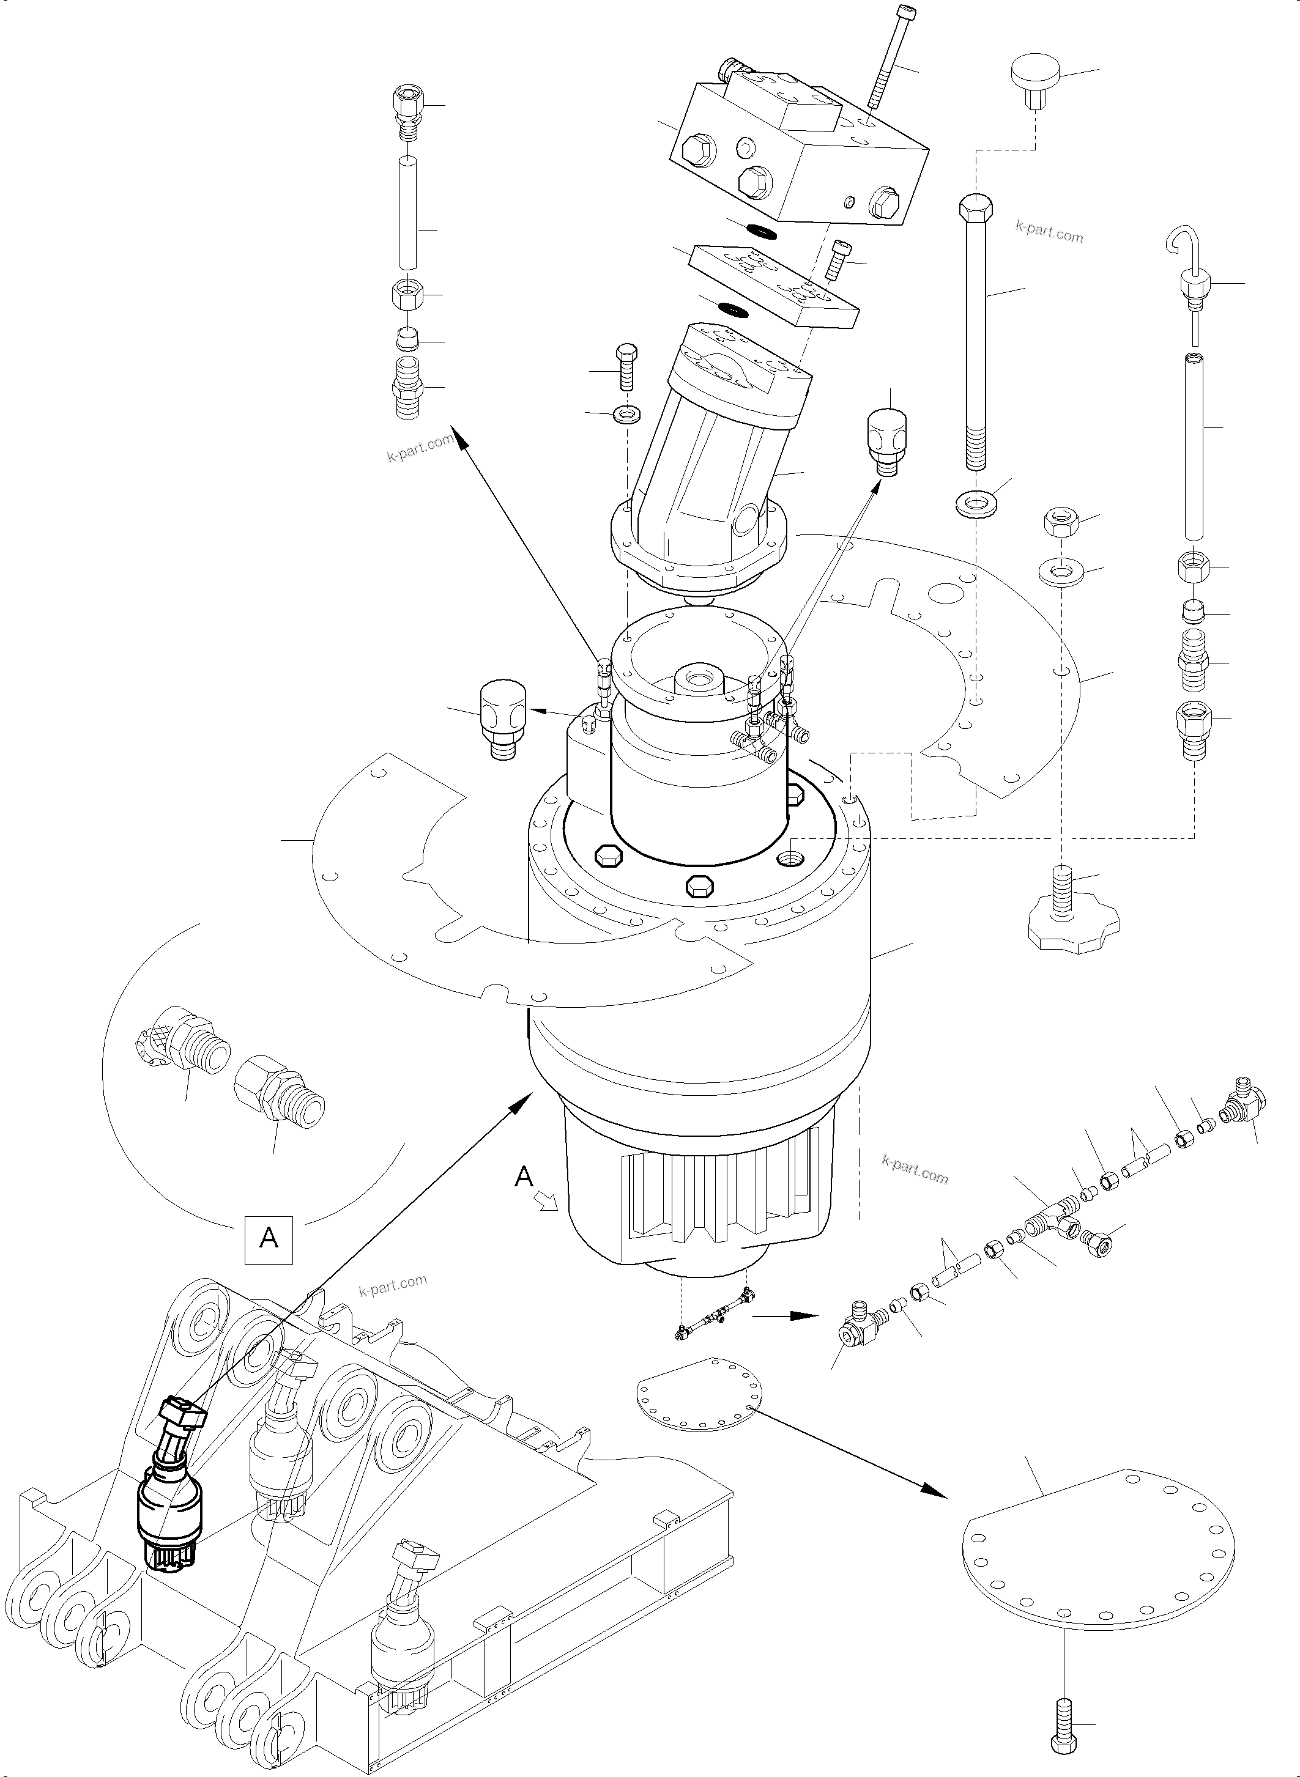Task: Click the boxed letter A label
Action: tap(269, 1239)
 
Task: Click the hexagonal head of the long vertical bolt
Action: tap(976, 209)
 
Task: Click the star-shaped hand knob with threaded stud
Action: tap(1072, 926)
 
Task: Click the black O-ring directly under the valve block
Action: tap(761, 231)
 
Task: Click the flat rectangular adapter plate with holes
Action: tap(773, 287)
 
